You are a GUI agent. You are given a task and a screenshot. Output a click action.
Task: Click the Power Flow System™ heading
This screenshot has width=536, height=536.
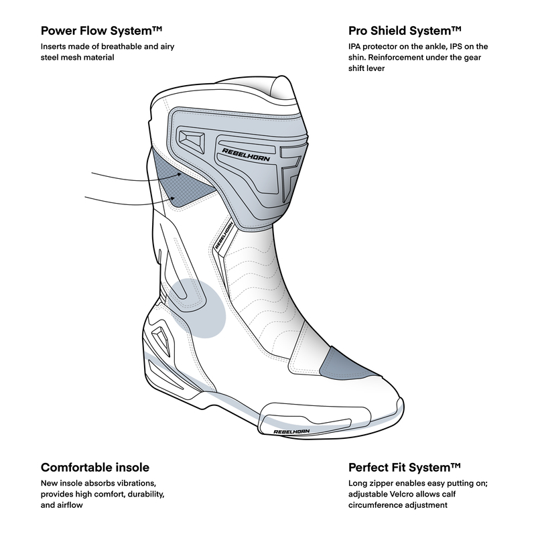click(x=103, y=31)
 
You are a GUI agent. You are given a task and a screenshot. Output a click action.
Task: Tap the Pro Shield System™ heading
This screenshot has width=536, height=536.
click(x=404, y=31)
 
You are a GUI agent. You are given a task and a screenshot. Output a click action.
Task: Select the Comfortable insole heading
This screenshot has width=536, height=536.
click(x=95, y=467)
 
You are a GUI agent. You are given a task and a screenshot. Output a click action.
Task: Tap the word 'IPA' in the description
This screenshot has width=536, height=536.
click(x=356, y=46)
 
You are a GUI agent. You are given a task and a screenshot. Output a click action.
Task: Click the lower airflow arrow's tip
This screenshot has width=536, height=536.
click(x=176, y=199)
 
